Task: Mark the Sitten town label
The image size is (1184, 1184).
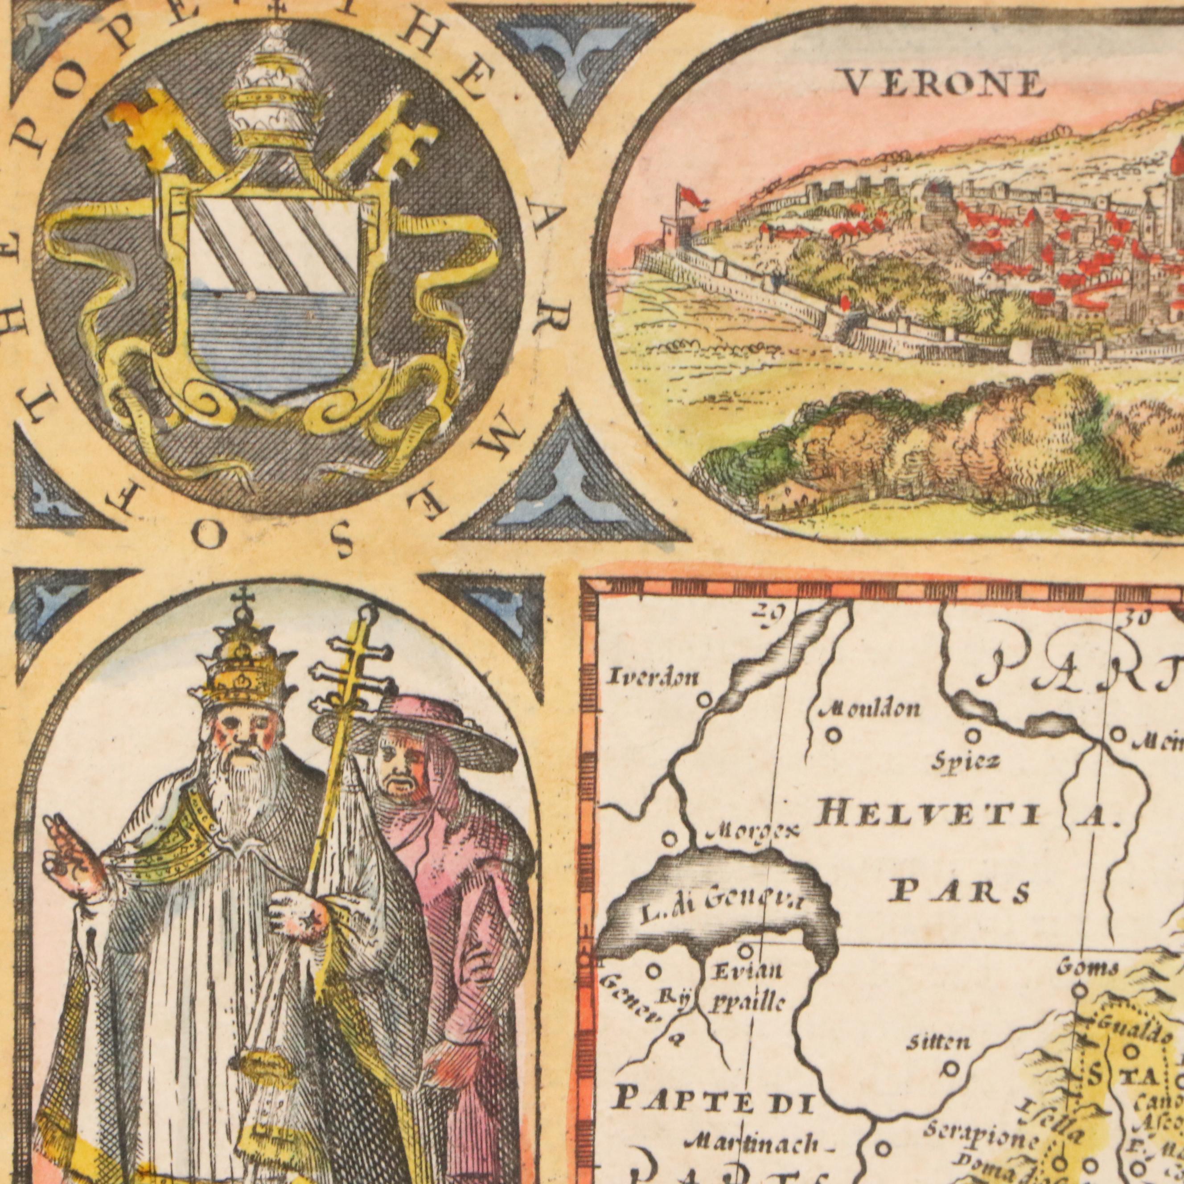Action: (937, 1042)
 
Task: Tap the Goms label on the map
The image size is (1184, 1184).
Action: (1088, 968)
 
